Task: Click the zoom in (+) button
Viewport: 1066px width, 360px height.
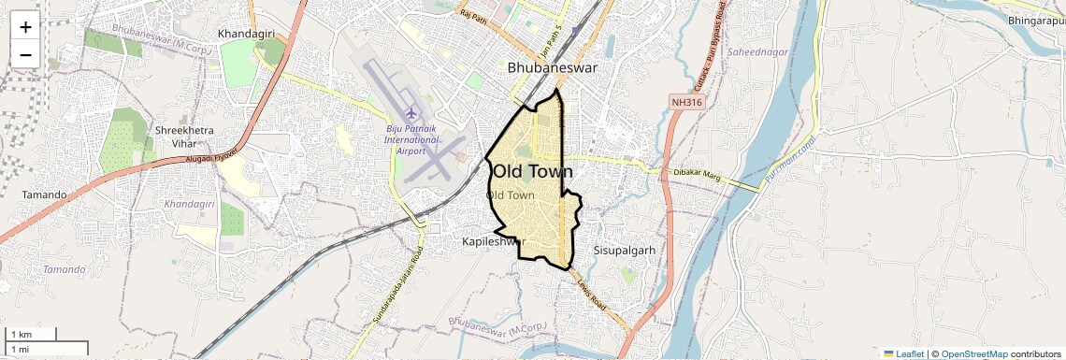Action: [25, 27]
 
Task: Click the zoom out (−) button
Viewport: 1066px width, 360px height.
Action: [25, 55]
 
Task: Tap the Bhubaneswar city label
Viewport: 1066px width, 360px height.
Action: [552, 68]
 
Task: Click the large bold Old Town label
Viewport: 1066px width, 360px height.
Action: [533, 172]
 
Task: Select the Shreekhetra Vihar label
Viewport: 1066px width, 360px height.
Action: [183, 137]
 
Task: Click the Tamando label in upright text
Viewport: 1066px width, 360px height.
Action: [44, 195]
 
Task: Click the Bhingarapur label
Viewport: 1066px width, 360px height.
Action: [1036, 20]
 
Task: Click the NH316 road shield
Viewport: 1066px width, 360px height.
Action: [686, 101]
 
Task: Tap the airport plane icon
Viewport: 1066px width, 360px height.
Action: [410, 115]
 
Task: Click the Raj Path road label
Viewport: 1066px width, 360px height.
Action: [474, 16]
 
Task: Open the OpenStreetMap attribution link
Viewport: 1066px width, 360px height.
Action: [973, 353]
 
